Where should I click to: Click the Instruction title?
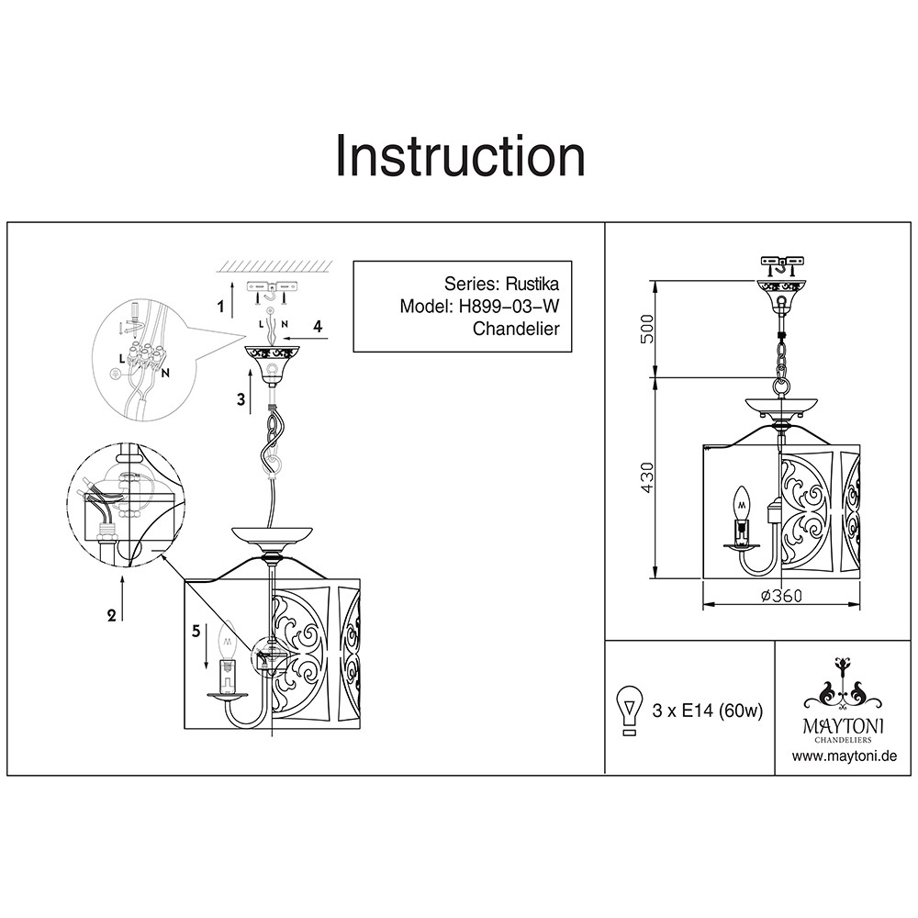[x=460, y=155]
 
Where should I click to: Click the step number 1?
[x=221, y=308]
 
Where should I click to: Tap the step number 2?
[x=112, y=616]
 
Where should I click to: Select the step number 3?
[x=241, y=398]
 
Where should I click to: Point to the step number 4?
[x=318, y=326]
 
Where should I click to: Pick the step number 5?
[x=195, y=631]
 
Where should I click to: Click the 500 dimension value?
[x=647, y=329]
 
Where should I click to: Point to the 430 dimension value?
[x=647, y=478]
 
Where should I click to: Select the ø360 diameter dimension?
[x=781, y=595]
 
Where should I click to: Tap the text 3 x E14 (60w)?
[x=707, y=711]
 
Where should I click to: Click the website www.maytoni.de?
[x=844, y=756]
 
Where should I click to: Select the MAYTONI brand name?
[x=844, y=725]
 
